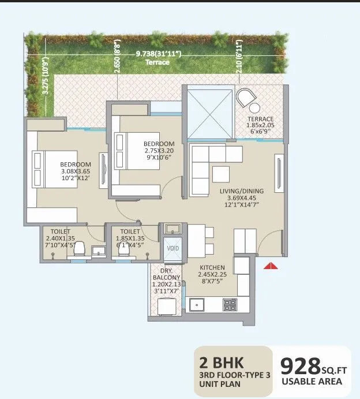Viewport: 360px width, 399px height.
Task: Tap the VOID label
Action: pos(173,248)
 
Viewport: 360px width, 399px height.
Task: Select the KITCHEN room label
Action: pos(212,268)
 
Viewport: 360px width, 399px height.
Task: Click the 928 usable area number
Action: pos(300,366)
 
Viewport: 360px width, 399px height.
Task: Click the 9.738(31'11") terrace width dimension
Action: pos(159,54)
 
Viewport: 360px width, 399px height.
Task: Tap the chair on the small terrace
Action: pos(250,100)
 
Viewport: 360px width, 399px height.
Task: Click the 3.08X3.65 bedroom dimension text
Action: pos(76,171)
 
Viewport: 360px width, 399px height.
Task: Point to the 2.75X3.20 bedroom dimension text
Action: pos(159,152)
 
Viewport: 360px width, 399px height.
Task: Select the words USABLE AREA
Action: pos(312,381)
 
